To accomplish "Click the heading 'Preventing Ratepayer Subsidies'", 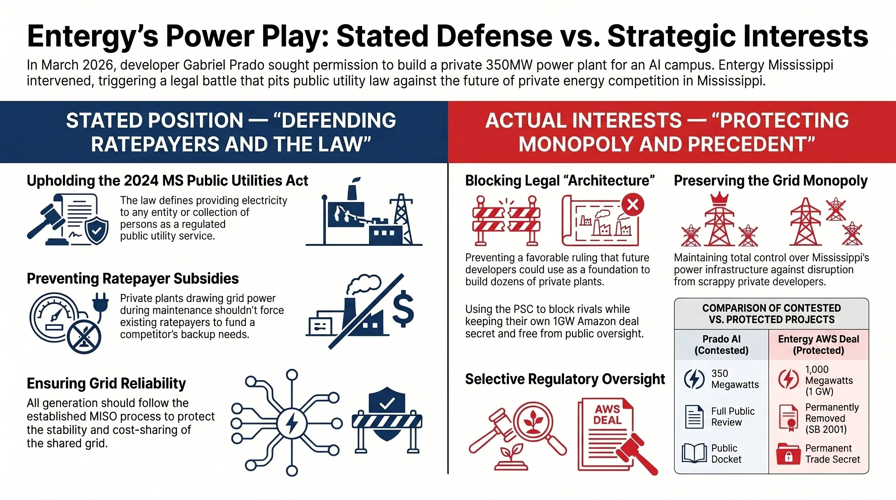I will click(133, 279).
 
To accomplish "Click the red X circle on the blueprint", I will click(632, 205).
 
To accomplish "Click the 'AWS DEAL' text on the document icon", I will click(607, 414).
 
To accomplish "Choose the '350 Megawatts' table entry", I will click(735, 379).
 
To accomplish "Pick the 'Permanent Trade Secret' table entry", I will click(832, 453).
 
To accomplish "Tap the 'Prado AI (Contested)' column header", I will click(721, 345).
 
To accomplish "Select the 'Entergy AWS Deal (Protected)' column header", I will click(818, 345).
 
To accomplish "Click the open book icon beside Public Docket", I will click(694, 453).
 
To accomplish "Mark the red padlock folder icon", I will click(788, 454).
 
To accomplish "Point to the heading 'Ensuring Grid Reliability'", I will click(106, 383).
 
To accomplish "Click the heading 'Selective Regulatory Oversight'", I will click(565, 379).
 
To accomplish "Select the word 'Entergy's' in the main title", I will click(92, 36).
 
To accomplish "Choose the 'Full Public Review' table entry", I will click(733, 417).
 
